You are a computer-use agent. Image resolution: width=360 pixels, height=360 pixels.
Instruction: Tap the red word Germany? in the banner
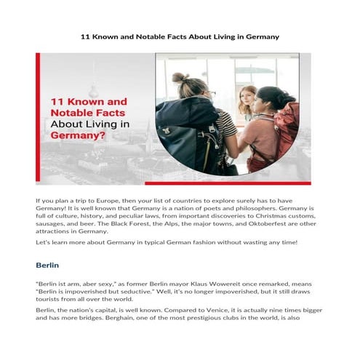[x=76, y=135]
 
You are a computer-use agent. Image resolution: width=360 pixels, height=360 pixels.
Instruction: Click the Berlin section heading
[x=49, y=266]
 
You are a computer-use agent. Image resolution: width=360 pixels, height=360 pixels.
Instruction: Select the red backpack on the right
[x=285, y=129]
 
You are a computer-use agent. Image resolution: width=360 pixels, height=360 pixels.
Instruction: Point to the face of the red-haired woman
[x=248, y=99]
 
